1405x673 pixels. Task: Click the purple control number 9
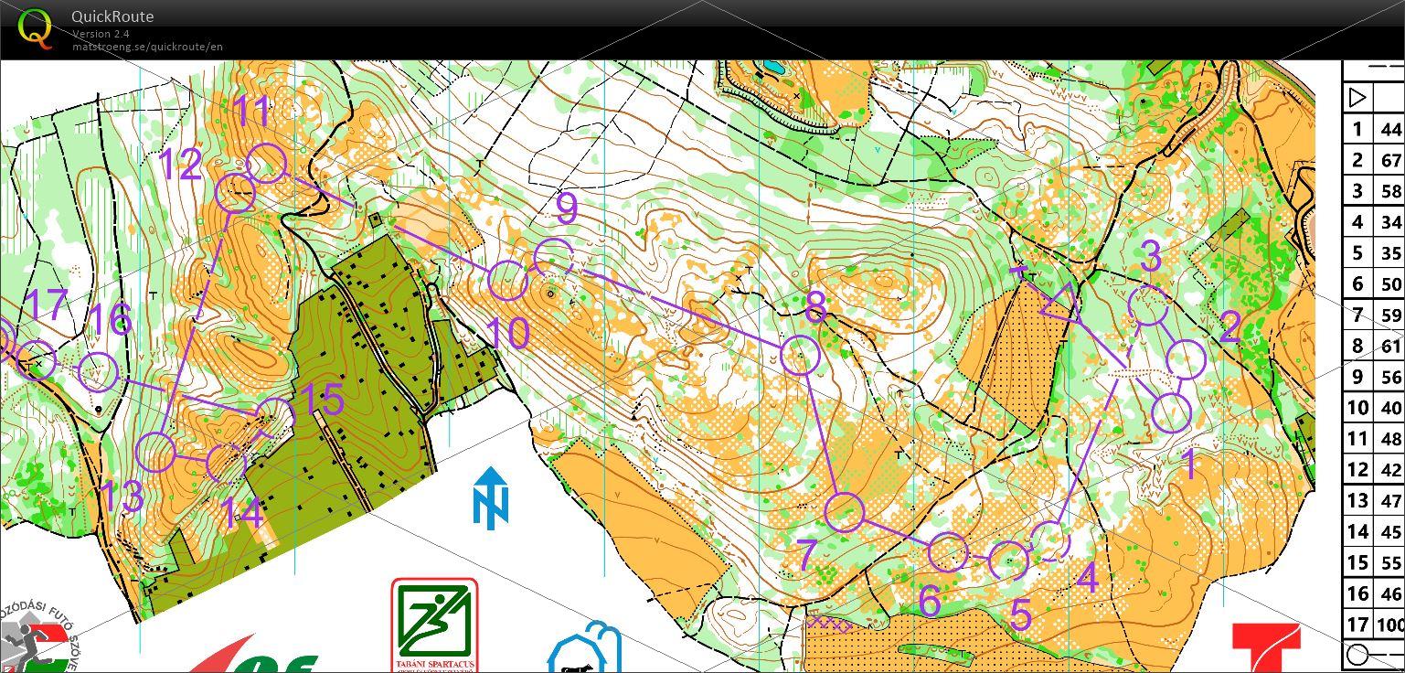pyautogui.click(x=567, y=208)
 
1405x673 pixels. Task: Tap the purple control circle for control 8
pyautogui.click(x=800, y=355)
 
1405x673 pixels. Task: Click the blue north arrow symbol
pyautogui.click(x=491, y=497)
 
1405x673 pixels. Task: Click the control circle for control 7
pyautogui.click(x=844, y=512)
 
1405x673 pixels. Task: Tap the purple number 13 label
pyautogui.click(x=122, y=497)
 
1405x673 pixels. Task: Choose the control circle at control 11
pyautogui.click(x=267, y=164)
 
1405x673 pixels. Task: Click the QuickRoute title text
pyautogui.click(x=112, y=16)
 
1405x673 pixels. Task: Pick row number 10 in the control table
pyautogui.click(x=1358, y=407)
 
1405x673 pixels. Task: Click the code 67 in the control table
pyautogui.click(x=1390, y=160)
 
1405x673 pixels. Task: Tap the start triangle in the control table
pyautogui.click(x=1357, y=97)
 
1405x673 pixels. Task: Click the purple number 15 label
pyautogui.click(x=322, y=401)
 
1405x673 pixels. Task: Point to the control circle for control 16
pyautogui.click(x=99, y=372)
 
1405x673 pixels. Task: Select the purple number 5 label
pyautogui.click(x=1020, y=616)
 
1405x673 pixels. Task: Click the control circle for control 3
pyautogui.click(x=1148, y=306)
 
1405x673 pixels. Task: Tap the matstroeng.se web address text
pyautogui.click(x=148, y=47)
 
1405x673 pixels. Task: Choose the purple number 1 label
pyautogui.click(x=1190, y=465)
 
